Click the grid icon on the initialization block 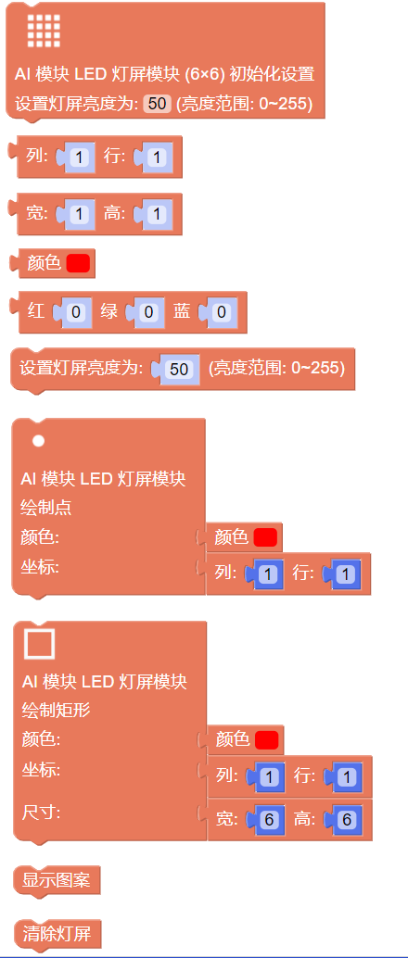click(x=44, y=32)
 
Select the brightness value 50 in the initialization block click(x=158, y=104)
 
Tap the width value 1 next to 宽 click(x=80, y=214)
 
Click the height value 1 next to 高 click(x=157, y=214)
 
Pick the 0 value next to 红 click(x=75, y=313)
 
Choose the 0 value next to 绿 click(x=148, y=313)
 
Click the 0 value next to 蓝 click(x=221, y=313)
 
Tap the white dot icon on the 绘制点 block click(x=39, y=440)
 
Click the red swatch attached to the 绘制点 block click(x=265, y=537)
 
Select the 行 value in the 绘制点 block click(x=346, y=574)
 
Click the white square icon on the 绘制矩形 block click(x=39, y=644)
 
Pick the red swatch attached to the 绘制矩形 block click(x=267, y=740)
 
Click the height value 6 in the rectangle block click(x=347, y=819)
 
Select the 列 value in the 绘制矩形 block click(x=269, y=777)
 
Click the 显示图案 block click(x=57, y=880)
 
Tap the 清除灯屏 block click(x=57, y=934)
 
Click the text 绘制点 click(x=47, y=507)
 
